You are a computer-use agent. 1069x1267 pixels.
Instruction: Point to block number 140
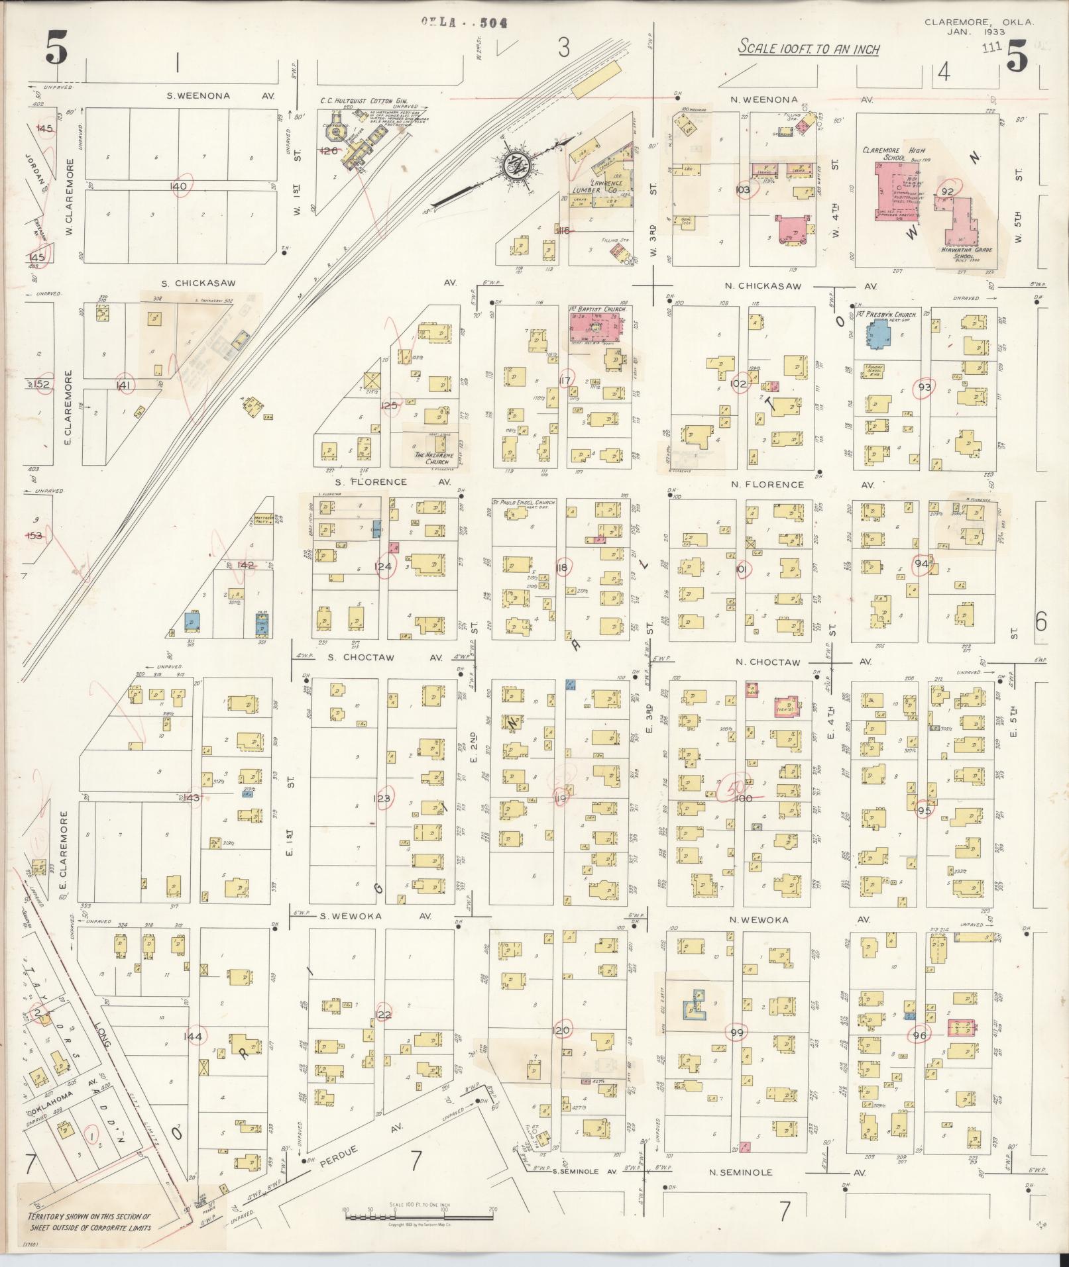(178, 186)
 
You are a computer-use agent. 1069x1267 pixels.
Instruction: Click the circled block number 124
(383, 566)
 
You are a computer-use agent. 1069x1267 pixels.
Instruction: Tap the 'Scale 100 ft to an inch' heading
(809, 49)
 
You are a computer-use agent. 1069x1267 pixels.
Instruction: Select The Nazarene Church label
(431, 458)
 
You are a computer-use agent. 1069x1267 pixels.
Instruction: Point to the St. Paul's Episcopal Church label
(524, 503)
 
